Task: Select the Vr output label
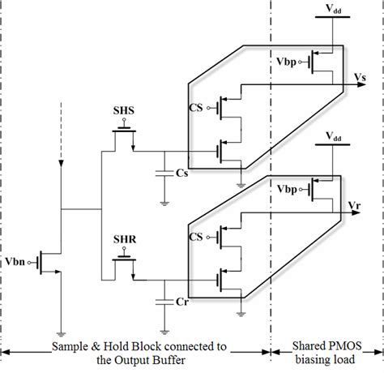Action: pyautogui.click(x=354, y=206)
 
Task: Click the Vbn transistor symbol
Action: pyautogui.click(x=51, y=262)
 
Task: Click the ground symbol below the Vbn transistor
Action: pyautogui.click(x=62, y=331)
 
